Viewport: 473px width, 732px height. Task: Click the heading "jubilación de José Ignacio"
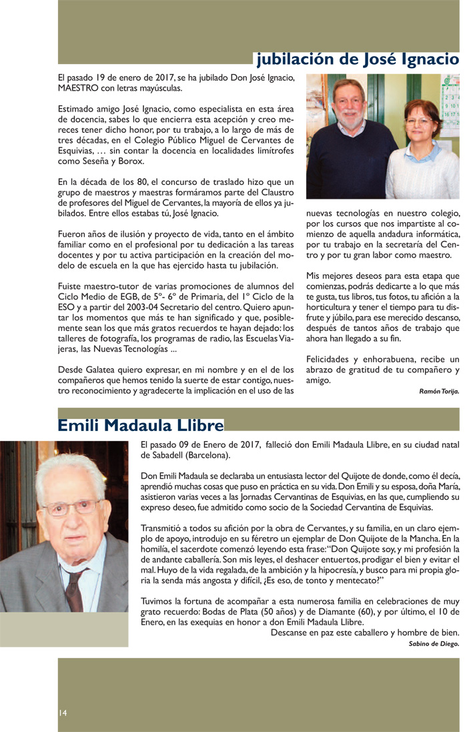[357, 59]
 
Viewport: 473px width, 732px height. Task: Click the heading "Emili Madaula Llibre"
[141, 425]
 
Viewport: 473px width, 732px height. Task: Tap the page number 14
[62, 713]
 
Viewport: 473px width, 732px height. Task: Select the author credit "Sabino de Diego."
[434, 644]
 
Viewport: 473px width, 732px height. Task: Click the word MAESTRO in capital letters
[79, 87]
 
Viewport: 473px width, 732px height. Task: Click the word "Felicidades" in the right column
[328, 359]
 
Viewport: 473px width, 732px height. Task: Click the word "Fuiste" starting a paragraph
[71, 287]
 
